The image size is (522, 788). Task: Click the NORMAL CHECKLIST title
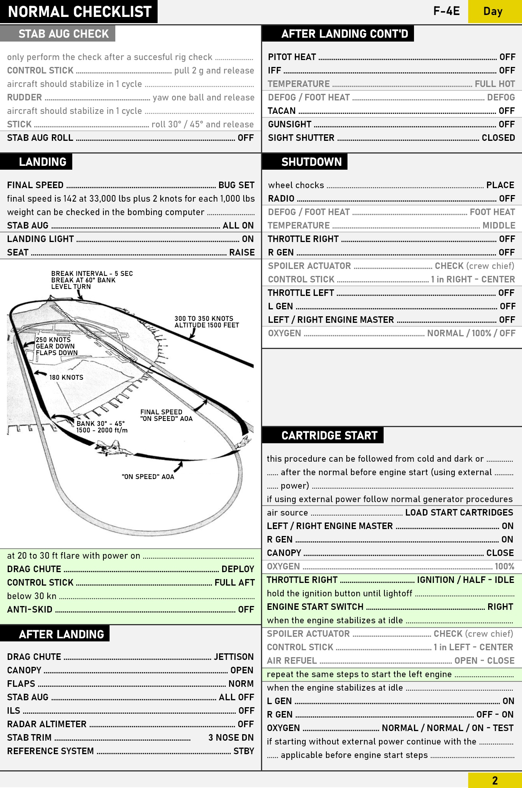(80, 12)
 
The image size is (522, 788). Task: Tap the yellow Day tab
(493, 12)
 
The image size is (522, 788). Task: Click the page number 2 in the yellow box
(495, 780)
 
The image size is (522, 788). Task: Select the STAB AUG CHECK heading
(63, 34)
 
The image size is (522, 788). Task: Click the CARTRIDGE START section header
(329, 436)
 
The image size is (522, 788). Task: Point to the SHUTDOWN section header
(311, 162)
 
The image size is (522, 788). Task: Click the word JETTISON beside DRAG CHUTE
(234, 657)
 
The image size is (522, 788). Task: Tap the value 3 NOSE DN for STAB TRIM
(231, 738)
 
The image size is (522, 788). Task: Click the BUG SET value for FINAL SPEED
(236, 185)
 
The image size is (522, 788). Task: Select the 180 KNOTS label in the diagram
(66, 377)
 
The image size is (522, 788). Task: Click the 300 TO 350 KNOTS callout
(204, 319)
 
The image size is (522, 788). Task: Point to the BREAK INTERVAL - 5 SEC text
(92, 274)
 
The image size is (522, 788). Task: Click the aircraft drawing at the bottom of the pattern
(113, 449)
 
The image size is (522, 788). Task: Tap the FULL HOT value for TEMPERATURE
(495, 84)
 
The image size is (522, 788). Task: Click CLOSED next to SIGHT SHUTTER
(498, 138)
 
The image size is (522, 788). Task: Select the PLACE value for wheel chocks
(500, 185)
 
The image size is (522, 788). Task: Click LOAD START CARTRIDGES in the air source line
(459, 513)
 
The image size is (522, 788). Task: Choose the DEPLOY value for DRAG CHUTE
(238, 569)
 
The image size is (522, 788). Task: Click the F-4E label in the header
(446, 11)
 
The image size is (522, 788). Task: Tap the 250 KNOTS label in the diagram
(53, 340)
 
